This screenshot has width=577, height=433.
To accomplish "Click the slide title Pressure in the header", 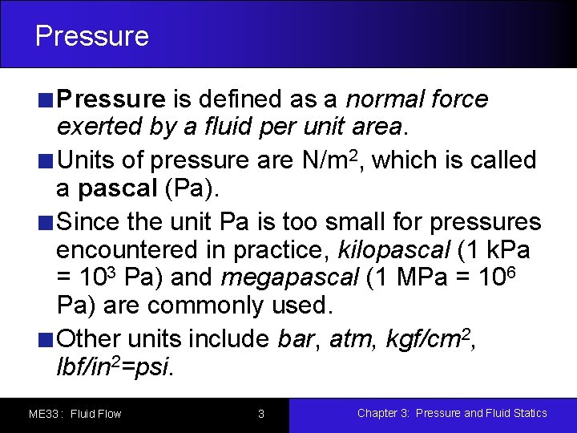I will pyautogui.click(x=92, y=36).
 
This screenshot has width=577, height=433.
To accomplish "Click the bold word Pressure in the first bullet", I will pyautogui.click(x=111, y=99).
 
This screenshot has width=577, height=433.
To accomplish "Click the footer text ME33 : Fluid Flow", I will pyautogui.click(x=75, y=415).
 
